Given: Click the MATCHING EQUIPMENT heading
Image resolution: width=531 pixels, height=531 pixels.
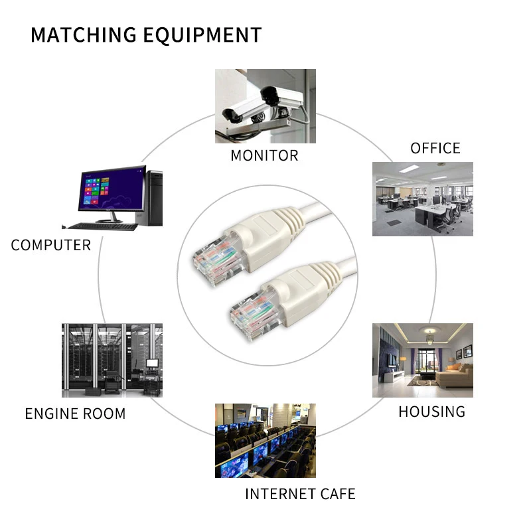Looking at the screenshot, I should tap(146, 35).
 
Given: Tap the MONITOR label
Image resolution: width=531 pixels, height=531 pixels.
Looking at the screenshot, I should tap(264, 156).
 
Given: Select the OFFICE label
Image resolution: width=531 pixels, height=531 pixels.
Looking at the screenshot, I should tap(435, 148).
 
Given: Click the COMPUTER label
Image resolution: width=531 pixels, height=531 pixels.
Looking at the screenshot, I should tap(50, 245).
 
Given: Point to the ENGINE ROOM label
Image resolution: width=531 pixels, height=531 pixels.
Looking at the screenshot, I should tap(75, 414).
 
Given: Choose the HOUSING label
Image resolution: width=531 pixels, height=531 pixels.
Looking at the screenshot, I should tap(431, 412).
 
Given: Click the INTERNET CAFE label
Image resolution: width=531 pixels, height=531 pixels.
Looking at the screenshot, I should tap(300, 494).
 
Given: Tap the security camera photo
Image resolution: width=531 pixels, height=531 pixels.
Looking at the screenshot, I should tap(265, 106).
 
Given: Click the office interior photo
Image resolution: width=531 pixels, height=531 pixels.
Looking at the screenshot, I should tap(422, 198).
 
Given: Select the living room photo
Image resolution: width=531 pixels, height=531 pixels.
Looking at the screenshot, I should tap(422, 360).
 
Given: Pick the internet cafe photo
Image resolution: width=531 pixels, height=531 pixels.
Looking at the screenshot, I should tap(265, 440).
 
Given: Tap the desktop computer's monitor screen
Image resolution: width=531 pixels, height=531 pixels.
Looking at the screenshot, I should tap(111, 189).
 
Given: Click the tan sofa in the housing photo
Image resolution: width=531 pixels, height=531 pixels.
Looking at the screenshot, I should tap(455, 376).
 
